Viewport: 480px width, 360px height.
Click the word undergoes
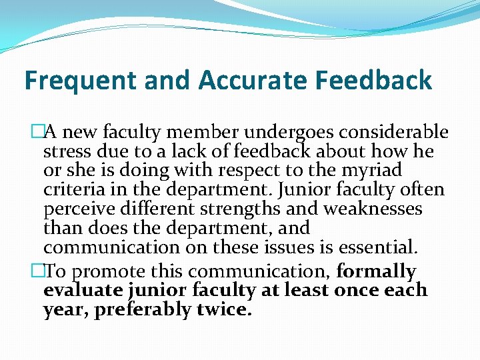(269, 133)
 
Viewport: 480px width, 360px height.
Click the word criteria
(74, 190)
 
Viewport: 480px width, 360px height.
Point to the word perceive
(78, 209)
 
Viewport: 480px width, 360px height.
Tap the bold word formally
(377, 272)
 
